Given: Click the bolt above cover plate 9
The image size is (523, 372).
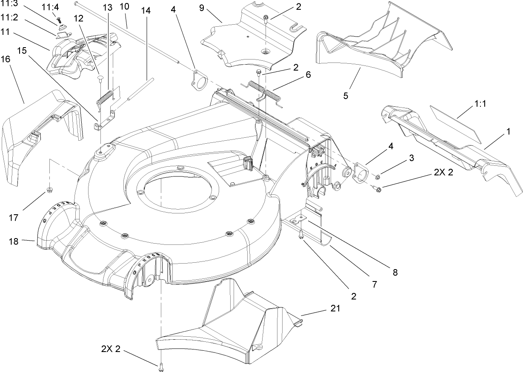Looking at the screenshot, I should pyautogui.click(x=266, y=18).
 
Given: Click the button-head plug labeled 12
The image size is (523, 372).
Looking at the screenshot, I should pyautogui.click(x=101, y=77).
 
